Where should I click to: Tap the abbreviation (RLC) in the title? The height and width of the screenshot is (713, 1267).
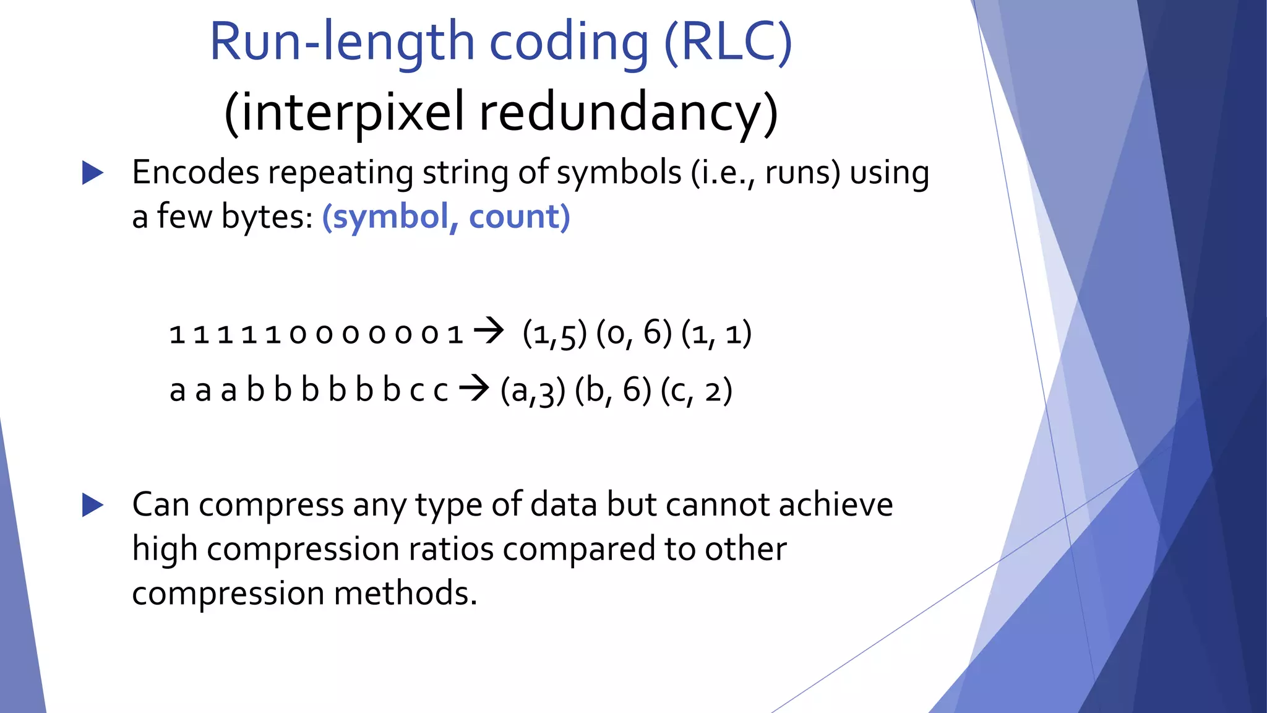pos(728,42)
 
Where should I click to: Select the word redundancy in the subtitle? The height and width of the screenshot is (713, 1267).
pos(629,113)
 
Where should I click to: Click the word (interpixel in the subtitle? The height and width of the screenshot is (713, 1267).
pos(344,113)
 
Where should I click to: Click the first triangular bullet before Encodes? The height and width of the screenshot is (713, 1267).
pos(93,173)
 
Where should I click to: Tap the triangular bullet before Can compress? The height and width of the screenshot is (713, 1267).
pos(93,505)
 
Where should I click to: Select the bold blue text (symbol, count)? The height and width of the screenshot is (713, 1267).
pos(446,217)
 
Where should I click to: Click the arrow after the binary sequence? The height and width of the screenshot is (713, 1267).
pos(489,331)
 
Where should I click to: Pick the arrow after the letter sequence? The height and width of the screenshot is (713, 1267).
pos(474,389)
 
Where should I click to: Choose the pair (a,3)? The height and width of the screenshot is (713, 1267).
pos(533,391)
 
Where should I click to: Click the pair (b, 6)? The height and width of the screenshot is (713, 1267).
pos(613,391)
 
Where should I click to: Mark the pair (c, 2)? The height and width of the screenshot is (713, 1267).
pos(697,391)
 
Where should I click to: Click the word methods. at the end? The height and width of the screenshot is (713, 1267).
pos(406,593)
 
